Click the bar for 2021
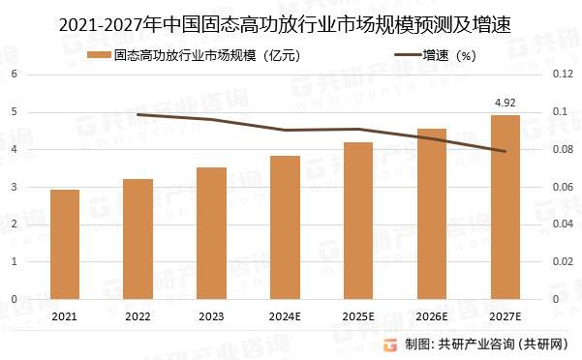[x=65, y=244]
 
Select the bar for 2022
[x=138, y=239]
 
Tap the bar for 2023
[x=211, y=233]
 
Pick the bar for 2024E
[x=285, y=227]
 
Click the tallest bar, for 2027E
[x=505, y=207]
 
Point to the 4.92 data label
[x=505, y=102]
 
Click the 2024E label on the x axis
[x=285, y=316]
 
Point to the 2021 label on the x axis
[x=65, y=316]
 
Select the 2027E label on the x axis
[x=505, y=316]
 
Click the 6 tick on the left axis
[x=15, y=74]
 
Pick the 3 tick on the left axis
[x=15, y=187]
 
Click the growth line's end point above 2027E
[x=505, y=151]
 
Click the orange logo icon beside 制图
[x=390, y=344]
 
